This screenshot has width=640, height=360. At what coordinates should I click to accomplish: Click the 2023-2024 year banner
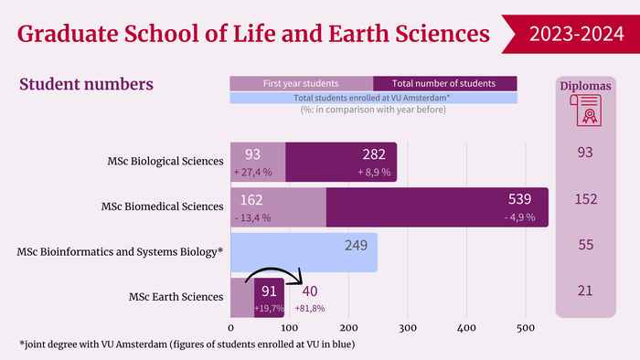(x=571, y=34)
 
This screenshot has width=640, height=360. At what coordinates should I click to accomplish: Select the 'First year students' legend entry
(x=301, y=83)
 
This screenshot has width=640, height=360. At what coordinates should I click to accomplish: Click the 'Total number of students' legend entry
(x=445, y=83)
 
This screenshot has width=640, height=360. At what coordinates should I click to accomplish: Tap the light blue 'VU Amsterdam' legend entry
(x=373, y=98)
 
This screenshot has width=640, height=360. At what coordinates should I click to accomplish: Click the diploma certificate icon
(x=586, y=111)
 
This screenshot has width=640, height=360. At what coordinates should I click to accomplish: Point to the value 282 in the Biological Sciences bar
(x=374, y=154)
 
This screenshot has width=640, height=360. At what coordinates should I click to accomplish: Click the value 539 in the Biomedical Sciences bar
(x=519, y=199)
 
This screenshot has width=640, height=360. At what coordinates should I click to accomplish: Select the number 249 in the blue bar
(x=356, y=246)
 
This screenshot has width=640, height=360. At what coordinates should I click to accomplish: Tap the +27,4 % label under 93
(x=252, y=173)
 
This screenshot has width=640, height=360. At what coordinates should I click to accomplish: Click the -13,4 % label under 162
(x=252, y=218)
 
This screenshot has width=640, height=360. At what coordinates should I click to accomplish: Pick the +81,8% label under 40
(x=310, y=308)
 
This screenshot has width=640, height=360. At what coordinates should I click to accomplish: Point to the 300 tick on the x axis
(x=408, y=328)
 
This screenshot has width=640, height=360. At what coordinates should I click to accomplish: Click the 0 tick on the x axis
(x=231, y=328)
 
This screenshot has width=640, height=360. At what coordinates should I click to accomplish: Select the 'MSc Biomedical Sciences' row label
(x=163, y=206)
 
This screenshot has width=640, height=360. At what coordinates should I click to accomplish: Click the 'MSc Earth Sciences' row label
(x=176, y=297)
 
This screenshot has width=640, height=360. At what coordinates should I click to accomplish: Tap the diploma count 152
(x=586, y=199)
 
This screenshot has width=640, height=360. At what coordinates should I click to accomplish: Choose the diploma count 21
(x=585, y=291)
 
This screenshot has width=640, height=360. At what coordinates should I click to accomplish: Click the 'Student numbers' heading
(x=86, y=84)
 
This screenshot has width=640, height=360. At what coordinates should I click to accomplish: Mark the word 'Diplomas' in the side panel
(x=585, y=86)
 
